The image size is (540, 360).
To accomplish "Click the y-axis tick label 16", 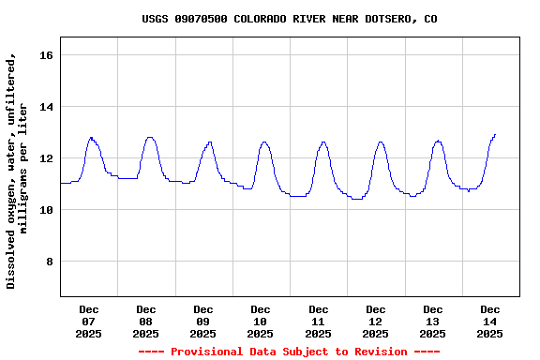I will pos(46,56).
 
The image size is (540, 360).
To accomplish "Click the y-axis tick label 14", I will pos(46,108).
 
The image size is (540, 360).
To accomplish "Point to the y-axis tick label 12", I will pos(46,159).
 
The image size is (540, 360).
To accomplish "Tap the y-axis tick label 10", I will pos(46,211).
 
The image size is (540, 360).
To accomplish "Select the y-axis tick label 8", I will pos(50,262).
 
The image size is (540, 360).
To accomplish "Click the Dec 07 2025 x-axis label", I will pos(89,322).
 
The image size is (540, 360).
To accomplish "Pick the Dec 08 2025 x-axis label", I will pos(146,322).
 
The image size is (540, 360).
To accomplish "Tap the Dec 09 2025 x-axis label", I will pos(203,322).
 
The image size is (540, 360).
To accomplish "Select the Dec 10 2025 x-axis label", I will pos(261,322).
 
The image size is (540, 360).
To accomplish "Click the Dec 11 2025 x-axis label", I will pos(319,322).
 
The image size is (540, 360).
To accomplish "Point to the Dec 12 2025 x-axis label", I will pos(376,322).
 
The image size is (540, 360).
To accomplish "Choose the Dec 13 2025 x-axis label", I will pos(433,322).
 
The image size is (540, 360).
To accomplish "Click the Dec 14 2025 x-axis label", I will pos(490,322).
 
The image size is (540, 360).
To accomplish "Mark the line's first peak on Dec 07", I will pos(91,138).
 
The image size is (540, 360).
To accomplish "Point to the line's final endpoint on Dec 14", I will pos(495,134).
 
